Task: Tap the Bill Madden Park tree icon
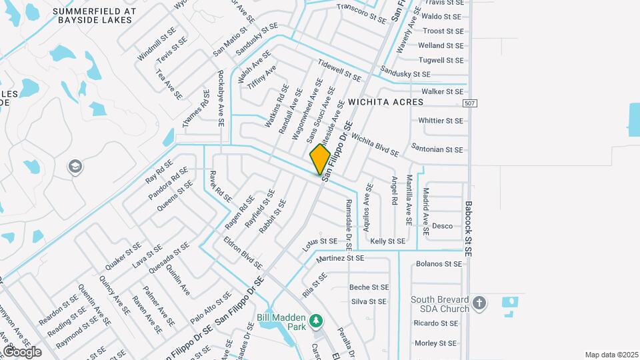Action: pos(317,321)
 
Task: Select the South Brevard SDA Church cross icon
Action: pos(479,305)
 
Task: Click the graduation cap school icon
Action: pos(76,166)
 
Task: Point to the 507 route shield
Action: pos(470,103)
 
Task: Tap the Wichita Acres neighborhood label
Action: pos(385,102)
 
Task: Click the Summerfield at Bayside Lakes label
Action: pos(103,16)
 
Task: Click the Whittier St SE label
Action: pos(440,121)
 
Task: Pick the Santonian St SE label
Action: pos(437,150)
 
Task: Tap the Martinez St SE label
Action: pos(340,258)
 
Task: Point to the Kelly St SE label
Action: pos(387,241)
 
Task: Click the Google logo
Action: pos(22,351)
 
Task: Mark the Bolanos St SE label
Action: pos(438,264)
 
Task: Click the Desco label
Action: pos(442,226)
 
